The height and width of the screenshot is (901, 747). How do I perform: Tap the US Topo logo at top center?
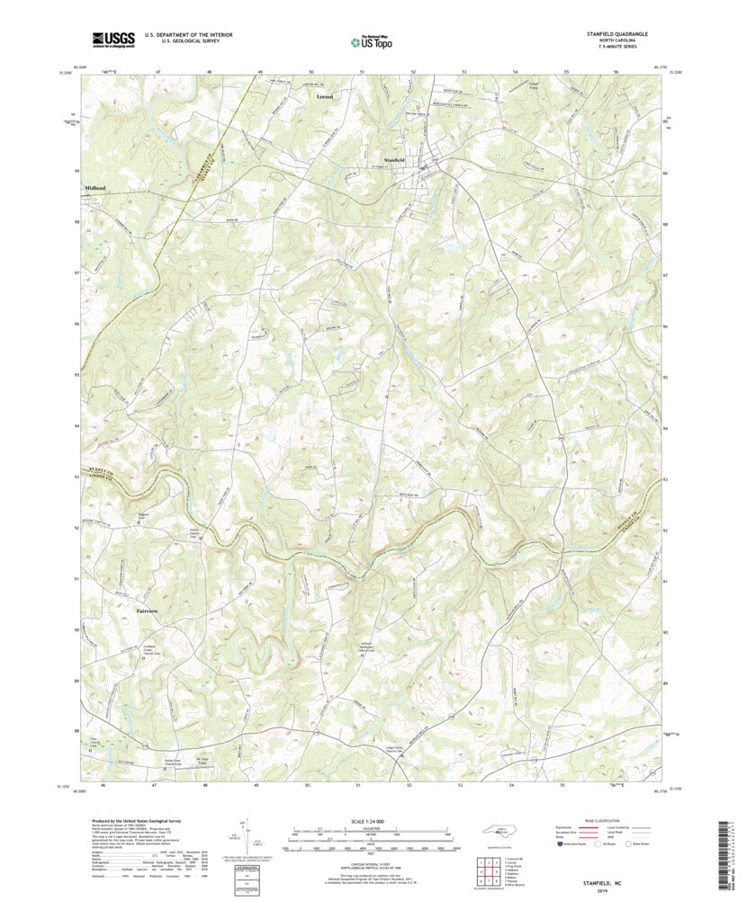(373, 39)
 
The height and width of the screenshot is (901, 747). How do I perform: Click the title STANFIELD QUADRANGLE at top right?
(616, 34)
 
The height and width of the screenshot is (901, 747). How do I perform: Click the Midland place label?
(95, 187)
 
